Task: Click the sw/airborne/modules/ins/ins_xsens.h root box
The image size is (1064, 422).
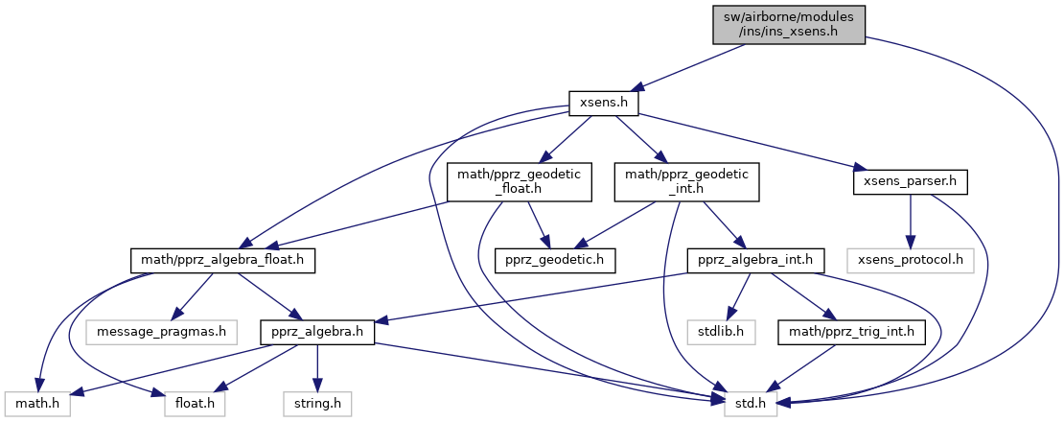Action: tap(788, 24)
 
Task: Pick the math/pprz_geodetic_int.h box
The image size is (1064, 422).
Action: tap(686, 181)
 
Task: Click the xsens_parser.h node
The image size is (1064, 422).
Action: tap(910, 181)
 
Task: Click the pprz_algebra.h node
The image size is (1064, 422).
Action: tap(317, 333)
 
